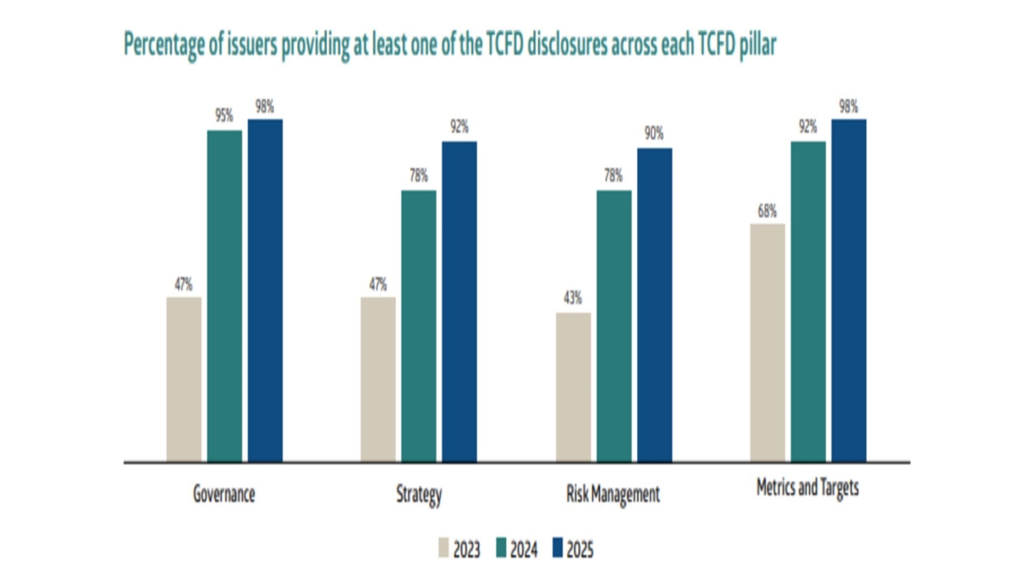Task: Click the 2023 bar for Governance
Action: click(184, 380)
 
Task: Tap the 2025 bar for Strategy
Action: click(459, 301)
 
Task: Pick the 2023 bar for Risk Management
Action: click(573, 387)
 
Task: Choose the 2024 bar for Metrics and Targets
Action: click(808, 301)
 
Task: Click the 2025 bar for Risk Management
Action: click(654, 305)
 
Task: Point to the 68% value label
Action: click(768, 211)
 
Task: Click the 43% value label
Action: click(573, 299)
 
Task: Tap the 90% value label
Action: click(654, 134)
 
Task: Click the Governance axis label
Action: click(224, 495)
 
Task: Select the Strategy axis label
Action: click(419, 495)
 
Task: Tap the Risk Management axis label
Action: click(614, 495)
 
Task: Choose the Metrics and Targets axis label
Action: click(807, 488)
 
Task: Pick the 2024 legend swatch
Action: click(501, 547)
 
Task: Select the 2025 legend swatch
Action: click(557, 547)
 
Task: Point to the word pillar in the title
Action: click(757, 45)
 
